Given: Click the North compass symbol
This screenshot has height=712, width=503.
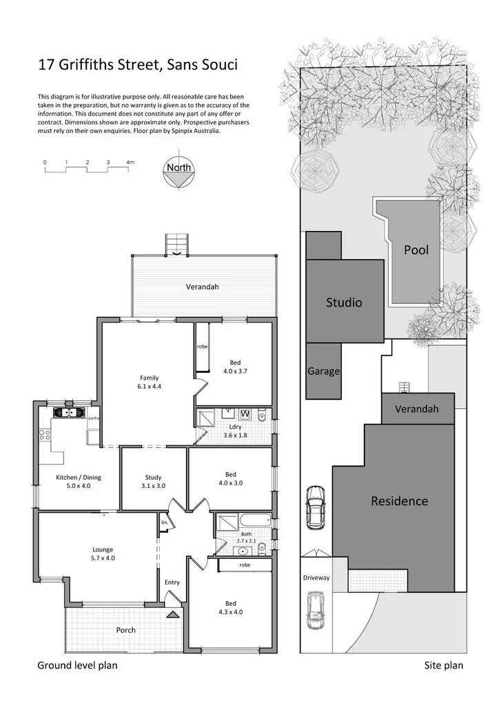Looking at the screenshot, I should coord(178,173).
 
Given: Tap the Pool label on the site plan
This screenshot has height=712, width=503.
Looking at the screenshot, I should coord(415,250).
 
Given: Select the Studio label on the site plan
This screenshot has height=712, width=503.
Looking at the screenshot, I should coord(344,302).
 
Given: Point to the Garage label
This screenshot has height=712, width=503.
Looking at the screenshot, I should coord(323,371).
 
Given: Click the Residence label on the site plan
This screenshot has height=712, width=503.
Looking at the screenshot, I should coord(400,501).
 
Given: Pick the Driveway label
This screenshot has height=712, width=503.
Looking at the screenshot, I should coord(316,578).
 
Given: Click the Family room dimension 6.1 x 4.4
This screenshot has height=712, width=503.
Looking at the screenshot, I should coord(150,387).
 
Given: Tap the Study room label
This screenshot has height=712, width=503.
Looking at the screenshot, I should coord(153,477).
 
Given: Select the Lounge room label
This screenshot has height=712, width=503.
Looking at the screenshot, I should coord(103,549).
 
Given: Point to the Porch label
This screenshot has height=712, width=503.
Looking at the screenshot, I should coord(125,630).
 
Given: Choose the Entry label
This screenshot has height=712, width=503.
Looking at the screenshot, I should coord(172,582).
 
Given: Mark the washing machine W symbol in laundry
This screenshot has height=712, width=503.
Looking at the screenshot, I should coord(245,414).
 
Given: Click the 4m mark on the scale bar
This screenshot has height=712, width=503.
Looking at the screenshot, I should coord(130,163).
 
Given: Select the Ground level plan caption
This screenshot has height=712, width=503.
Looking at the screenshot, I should coord(76,665).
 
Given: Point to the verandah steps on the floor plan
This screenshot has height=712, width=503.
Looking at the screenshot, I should coord(177,245).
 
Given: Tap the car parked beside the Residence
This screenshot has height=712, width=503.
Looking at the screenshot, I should coord(315,509).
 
